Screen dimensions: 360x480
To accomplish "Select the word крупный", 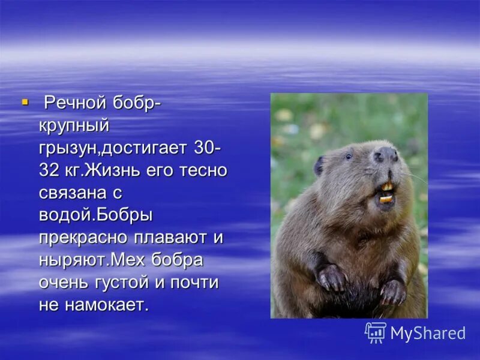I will point(74,127).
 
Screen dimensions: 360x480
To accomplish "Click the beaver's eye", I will point(349,157).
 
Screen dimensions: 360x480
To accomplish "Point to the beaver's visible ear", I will point(319,165).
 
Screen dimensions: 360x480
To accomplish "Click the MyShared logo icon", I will point(376,332).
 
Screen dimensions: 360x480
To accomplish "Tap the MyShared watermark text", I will point(428,334).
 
